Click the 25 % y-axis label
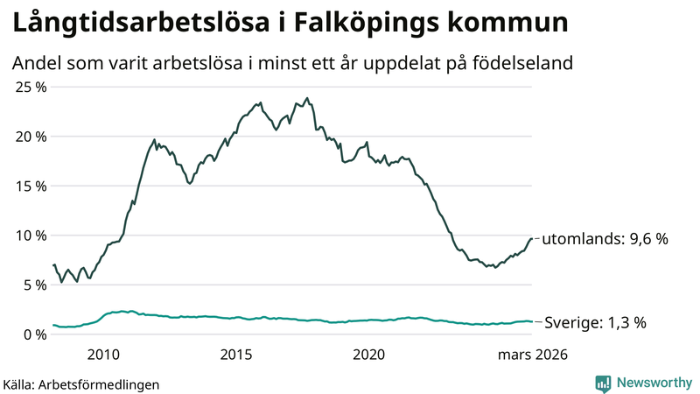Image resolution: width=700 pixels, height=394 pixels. click(31, 87)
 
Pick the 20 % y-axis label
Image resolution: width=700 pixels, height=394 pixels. click(31, 137)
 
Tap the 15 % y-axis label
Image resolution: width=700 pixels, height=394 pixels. click(31, 186)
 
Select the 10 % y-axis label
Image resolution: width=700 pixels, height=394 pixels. click(31, 236)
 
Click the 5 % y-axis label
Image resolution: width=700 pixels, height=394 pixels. click(34, 285)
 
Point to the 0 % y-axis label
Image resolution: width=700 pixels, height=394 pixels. click(34, 334)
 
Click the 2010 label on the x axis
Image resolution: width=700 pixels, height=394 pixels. click(102, 355)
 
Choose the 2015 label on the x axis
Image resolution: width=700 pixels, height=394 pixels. click(235, 355)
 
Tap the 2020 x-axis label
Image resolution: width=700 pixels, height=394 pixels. click(368, 355)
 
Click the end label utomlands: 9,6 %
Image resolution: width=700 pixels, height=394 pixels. click(605, 239)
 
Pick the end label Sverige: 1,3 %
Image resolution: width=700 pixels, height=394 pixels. click(595, 322)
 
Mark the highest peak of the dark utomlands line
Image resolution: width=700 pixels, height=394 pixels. click(307, 98)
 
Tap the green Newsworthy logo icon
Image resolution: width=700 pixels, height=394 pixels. click(603, 382)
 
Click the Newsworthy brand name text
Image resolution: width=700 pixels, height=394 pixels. click(653, 382)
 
